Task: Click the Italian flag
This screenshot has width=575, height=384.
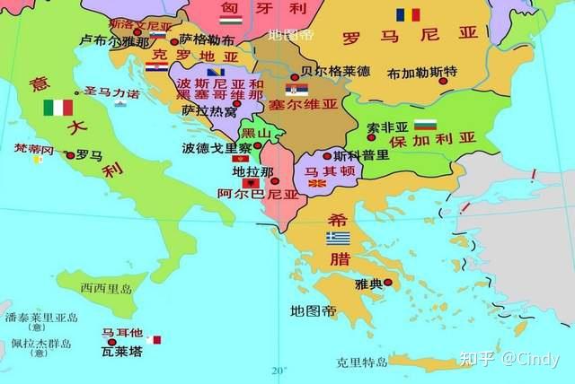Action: [58, 108]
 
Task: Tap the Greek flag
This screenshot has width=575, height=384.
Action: [338, 238]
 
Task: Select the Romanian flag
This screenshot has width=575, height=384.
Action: [407, 15]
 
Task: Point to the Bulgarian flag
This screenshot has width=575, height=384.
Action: [425, 123]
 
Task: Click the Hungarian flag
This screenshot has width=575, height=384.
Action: [231, 18]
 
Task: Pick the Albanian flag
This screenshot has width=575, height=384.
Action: [252, 182]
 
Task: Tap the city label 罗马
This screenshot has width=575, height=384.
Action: [88, 155]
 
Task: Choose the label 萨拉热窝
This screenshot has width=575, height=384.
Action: [208, 111]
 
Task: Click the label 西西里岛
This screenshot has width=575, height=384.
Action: [106, 288]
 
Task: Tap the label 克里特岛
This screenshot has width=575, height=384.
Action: [362, 362]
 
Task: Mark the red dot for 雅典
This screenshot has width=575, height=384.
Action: [388, 283]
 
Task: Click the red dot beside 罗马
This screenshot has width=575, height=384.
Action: [71, 155]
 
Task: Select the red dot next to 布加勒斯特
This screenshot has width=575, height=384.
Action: [443, 81]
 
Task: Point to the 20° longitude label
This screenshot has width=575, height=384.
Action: [279, 370]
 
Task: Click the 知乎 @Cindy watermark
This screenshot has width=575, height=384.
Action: [509, 359]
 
